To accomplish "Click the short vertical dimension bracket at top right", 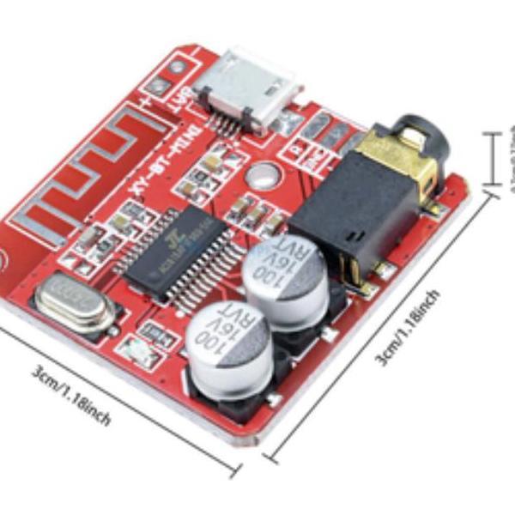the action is click(x=492, y=159).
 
